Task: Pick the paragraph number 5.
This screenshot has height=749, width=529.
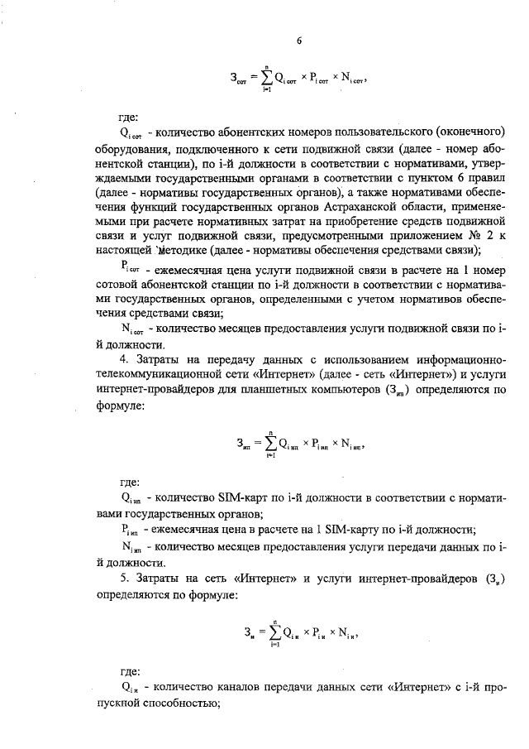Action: (122, 577)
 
